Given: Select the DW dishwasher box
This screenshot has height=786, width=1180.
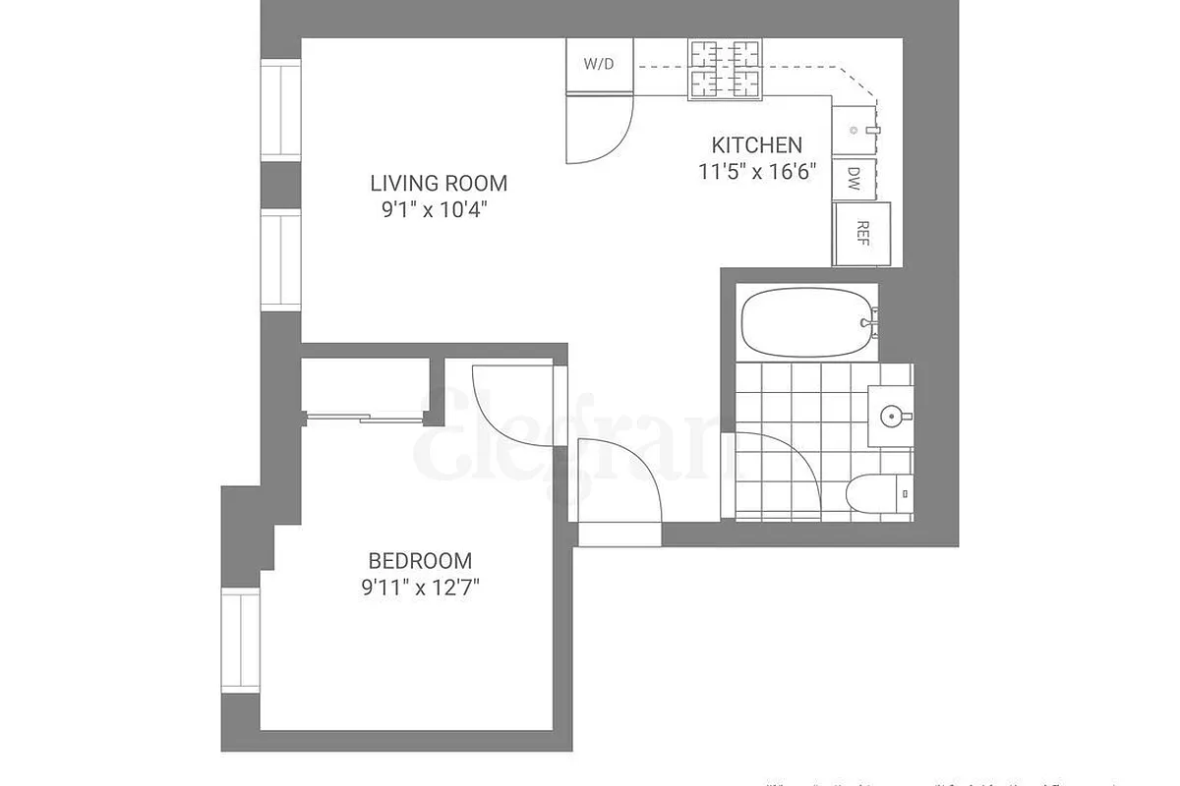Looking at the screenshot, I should pyautogui.click(x=854, y=179).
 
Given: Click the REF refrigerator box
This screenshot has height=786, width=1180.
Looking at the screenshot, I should pyautogui.click(x=862, y=233).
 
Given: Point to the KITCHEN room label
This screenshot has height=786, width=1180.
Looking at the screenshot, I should pyautogui.click(x=756, y=145).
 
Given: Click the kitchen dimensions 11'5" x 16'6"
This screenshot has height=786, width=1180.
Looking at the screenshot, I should pyautogui.click(x=756, y=170).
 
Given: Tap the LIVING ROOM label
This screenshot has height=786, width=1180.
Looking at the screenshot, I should pyautogui.click(x=439, y=183).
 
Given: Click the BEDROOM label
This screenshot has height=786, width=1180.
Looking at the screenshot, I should pyautogui.click(x=420, y=561).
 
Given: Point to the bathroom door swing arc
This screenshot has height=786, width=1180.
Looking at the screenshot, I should pyautogui.click(x=777, y=472).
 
